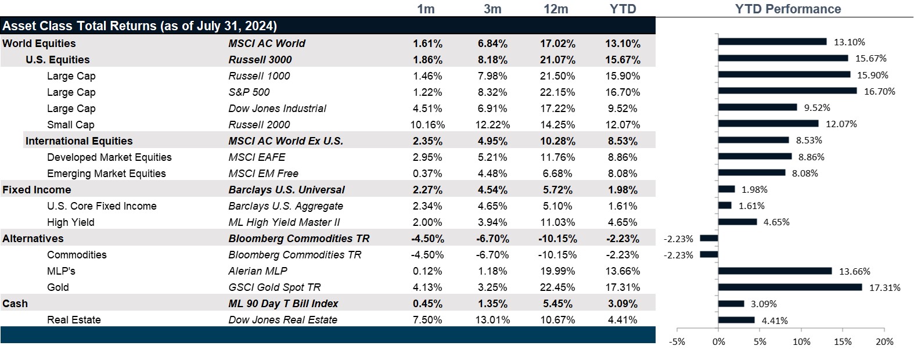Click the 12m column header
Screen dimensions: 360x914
pos(556,9)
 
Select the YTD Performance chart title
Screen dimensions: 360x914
pos(787,9)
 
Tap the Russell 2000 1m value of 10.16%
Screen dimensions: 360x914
pos(427,125)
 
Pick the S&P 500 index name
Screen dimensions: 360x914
pos(249,92)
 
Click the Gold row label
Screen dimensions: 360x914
pos(58,287)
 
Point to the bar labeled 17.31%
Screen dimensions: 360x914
pos(790,287)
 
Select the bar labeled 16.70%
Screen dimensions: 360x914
pos(787,91)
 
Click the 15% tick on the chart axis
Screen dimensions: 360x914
pos(843,342)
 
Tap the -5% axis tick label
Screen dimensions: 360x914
pos(677,342)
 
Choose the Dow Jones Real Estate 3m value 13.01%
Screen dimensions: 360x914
pos(492,320)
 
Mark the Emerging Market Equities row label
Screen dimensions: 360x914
pos(106,174)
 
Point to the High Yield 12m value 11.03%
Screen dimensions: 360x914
pos(557,222)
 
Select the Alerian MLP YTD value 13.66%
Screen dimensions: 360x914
pos(622,271)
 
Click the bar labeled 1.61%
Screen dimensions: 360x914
pos(725,206)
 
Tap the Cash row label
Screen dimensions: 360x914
pos(15,304)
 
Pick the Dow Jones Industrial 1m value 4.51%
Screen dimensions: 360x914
pos(427,109)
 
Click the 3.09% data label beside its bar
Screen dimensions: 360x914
pos(764,304)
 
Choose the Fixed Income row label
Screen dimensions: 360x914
pos(37,190)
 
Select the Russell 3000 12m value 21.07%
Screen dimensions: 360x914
pos(557,60)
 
